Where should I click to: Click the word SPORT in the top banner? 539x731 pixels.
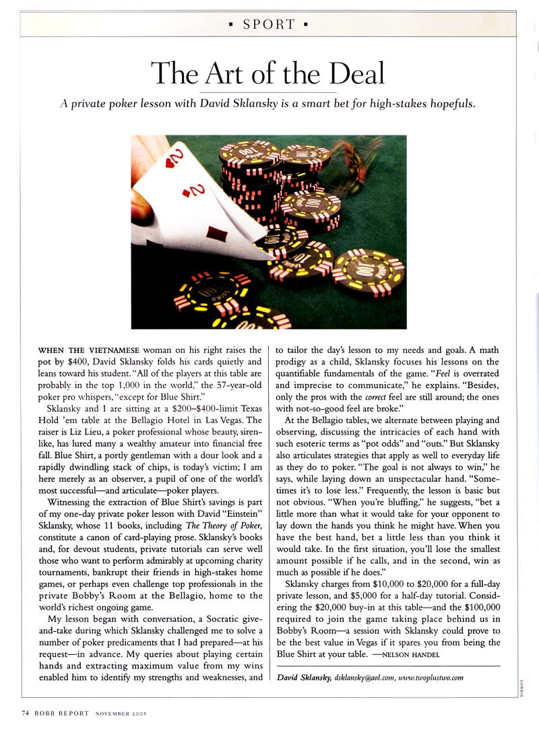pos(269,25)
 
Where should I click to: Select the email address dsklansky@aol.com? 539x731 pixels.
pos(368,677)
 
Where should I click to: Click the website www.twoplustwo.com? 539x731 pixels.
pos(435,677)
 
